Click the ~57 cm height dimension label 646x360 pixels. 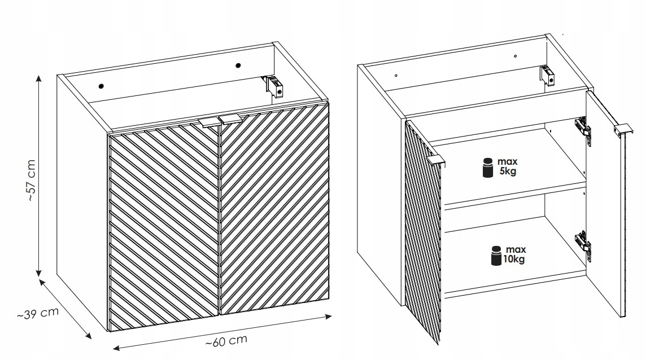coord(32,180)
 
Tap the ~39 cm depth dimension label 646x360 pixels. coord(38,313)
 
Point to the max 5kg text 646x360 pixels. coord(507,166)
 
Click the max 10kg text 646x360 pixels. coord(514,254)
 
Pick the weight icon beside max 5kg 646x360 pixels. coord(488,168)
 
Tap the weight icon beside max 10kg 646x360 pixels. coord(496,256)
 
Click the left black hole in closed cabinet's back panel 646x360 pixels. coord(101,86)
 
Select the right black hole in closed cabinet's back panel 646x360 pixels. coord(238,65)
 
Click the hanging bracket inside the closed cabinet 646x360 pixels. coord(274,86)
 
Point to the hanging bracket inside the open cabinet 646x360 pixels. coord(546,76)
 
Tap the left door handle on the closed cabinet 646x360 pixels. coord(208,123)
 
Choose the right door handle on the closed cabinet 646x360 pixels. coord(230,119)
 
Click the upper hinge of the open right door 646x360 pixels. coord(583,129)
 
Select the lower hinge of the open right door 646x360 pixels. coord(583,243)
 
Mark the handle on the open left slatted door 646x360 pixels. coord(436,161)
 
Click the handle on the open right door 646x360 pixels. coord(623,129)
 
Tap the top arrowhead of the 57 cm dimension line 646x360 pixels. coord(39,78)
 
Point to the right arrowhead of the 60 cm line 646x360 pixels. coord(328,317)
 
